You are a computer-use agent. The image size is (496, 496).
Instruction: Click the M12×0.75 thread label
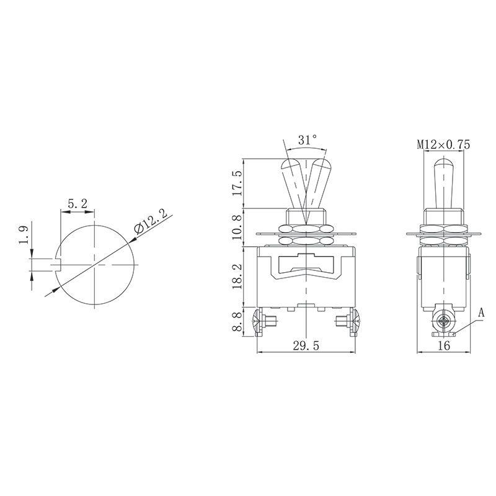[443, 144]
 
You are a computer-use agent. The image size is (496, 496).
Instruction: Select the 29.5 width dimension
[307, 347]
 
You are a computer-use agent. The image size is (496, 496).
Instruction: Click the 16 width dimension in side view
[443, 347]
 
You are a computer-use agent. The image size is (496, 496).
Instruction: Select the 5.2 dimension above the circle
[78, 203]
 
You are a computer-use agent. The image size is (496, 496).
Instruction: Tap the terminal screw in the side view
[443, 322]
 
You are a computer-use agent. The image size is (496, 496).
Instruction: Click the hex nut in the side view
[442, 218]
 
